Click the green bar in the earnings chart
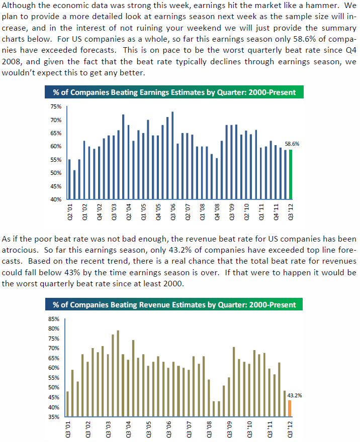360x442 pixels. point(291,174)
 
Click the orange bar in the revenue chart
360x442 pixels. point(290,408)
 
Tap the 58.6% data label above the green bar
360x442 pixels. point(292,144)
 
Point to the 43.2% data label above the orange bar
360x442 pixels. point(295,395)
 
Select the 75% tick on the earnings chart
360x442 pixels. point(56,106)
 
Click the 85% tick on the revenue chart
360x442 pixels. point(54,319)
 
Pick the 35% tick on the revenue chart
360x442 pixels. point(54,417)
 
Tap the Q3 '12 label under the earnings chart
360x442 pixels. point(291,212)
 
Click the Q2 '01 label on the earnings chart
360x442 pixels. point(70,212)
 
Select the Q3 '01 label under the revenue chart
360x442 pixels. point(68,429)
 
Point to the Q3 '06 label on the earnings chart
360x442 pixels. point(172,212)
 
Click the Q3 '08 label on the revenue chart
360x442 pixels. point(209,429)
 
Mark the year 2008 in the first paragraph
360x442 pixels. point(12,61)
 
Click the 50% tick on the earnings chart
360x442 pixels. point(56,173)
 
